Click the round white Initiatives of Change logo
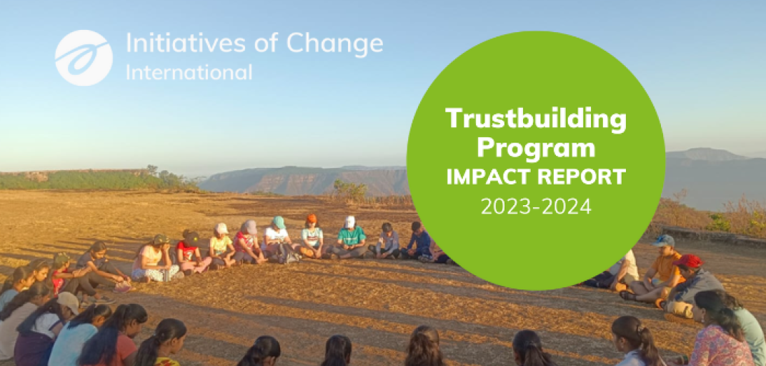(x=84, y=58)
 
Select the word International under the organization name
(x=189, y=72)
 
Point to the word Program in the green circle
(x=536, y=148)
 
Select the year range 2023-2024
(x=536, y=206)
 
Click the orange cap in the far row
(x=312, y=219)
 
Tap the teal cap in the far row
(x=279, y=222)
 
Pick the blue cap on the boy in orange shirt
(x=663, y=240)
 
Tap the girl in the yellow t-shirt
(x=222, y=246)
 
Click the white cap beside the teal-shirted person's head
(x=349, y=222)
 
